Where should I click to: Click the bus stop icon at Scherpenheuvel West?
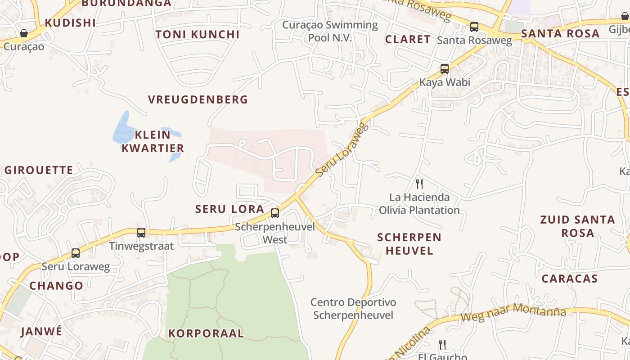tap(274, 213)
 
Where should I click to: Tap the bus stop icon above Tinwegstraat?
tap(141, 233)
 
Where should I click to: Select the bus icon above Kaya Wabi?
tap(445, 69)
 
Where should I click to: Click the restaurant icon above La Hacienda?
tap(419, 184)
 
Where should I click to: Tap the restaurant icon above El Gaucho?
tap(442, 345)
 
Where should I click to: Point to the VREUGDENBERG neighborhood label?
tap(198, 99)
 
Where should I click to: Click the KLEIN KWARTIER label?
tap(153, 141)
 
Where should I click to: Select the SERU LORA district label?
tap(229, 209)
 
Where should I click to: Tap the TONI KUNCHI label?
tap(198, 35)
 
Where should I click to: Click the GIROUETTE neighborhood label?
tap(39, 170)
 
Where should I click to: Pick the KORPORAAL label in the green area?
tap(206, 333)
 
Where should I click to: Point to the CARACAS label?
tap(570, 279)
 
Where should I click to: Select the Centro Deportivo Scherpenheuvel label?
tap(353, 309)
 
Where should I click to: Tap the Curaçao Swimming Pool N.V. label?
tap(330, 31)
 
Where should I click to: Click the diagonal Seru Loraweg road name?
tap(342, 149)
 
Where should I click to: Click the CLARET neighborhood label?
tap(408, 39)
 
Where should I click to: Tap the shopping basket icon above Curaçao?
tap(23, 33)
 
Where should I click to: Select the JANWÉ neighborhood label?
tap(41, 332)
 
